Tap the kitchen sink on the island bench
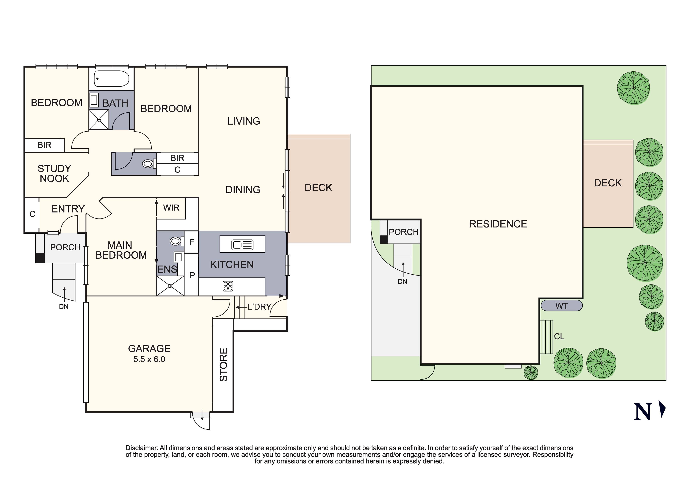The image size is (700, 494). pyautogui.click(x=242, y=245)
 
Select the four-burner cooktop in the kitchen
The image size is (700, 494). pyautogui.click(x=228, y=286)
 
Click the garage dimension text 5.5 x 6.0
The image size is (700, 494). pyautogui.click(x=149, y=359)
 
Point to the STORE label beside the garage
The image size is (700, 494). pyautogui.click(x=224, y=365)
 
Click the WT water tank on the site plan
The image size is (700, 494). pyautogui.click(x=562, y=306)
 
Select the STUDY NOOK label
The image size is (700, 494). pyautogui.click(x=54, y=174)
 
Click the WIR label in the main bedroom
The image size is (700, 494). pyautogui.click(x=171, y=208)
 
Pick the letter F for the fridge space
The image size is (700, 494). pyautogui.click(x=192, y=242)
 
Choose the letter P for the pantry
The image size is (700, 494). pyautogui.click(x=192, y=275)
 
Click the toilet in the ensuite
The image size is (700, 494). pyautogui.click(x=176, y=242)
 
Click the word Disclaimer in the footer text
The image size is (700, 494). pyautogui.click(x=142, y=448)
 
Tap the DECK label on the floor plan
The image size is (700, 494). pyautogui.click(x=318, y=188)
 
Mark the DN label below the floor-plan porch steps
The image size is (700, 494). pyautogui.click(x=63, y=307)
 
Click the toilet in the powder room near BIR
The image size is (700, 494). pyautogui.click(x=148, y=164)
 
